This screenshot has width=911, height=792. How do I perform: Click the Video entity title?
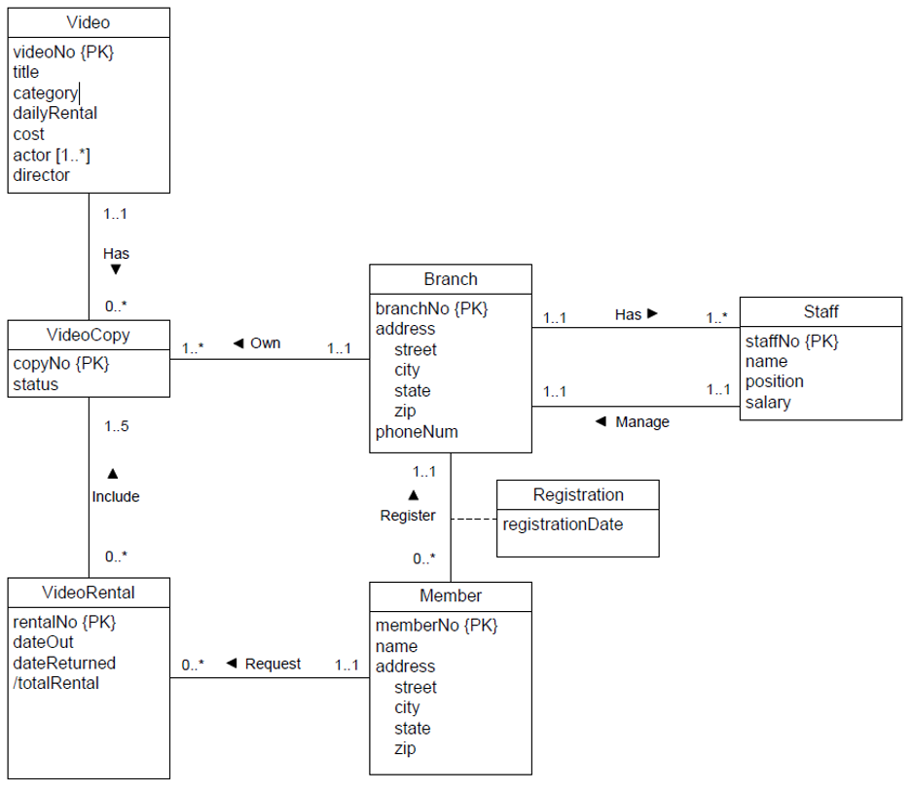[x=88, y=22]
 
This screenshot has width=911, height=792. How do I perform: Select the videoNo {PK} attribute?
[x=63, y=52]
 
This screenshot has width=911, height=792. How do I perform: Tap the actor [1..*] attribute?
[x=52, y=155]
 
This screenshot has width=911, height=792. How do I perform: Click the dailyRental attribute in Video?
[x=55, y=113]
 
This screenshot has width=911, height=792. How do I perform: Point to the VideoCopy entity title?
[x=88, y=336]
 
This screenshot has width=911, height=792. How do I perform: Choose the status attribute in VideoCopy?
[x=35, y=384]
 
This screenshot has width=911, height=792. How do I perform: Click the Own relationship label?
[x=265, y=343]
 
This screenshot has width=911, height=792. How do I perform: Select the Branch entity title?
[x=451, y=279]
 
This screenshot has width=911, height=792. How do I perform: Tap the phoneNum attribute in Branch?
[x=417, y=432]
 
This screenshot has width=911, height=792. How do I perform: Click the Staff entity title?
[x=820, y=311]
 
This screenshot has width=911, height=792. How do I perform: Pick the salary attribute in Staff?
[x=768, y=402]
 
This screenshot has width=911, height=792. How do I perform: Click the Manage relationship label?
[x=641, y=422]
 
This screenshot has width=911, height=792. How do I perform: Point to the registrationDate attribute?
[x=563, y=524]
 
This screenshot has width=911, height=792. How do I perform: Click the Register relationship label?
[x=408, y=516]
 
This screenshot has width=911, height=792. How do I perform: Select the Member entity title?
[x=451, y=595]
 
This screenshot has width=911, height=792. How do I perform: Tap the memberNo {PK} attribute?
[x=436, y=626]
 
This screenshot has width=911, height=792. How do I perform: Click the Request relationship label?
[x=273, y=664]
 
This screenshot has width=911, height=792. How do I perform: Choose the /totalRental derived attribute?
[x=55, y=683]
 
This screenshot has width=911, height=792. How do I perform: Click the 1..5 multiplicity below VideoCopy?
[x=116, y=426]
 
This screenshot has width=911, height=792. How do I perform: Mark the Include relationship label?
[x=116, y=496]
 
